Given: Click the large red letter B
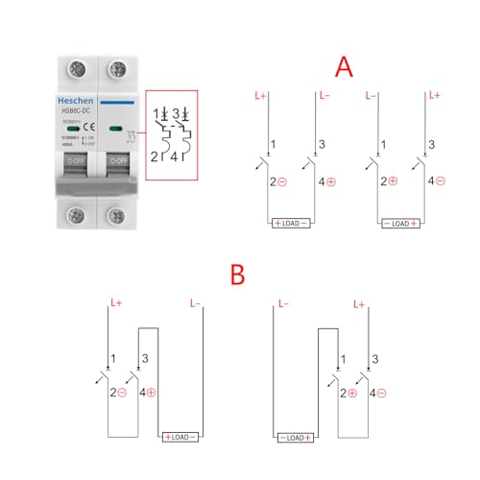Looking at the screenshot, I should tap(237, 276).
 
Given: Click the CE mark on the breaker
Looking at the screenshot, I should tap(85, 128).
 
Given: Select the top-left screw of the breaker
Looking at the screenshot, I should tap(73, 69).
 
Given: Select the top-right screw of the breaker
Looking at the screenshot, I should tap(118, 69).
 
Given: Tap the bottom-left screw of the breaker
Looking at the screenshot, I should tap(73, 214).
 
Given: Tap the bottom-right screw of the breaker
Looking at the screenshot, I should tap(118, 214).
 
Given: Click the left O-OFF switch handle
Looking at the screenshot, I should tap(75, 165).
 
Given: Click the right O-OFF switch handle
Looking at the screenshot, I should tap(118, 165).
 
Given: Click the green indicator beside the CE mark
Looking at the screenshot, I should tap(115, 127).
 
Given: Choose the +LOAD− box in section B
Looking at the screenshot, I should tap(180, 437).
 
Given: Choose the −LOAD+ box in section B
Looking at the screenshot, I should tap(297, 437).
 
